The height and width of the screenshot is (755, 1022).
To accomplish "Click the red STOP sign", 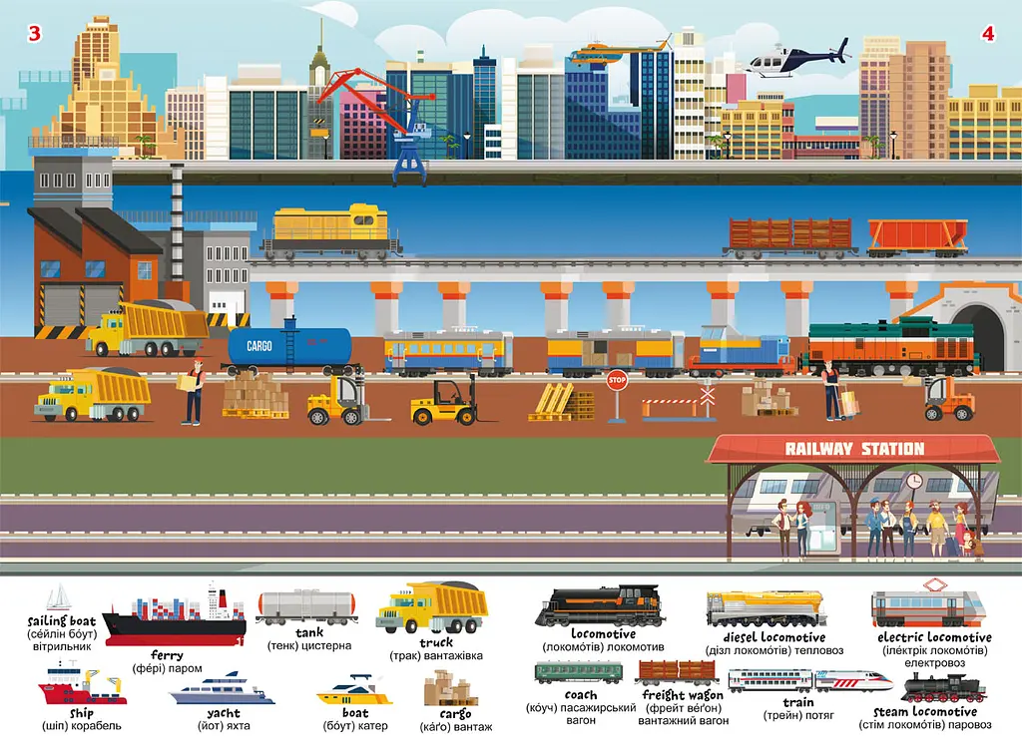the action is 617,380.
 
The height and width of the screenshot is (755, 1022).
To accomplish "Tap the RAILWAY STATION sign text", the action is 854,449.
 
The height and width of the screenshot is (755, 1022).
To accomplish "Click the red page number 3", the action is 35,33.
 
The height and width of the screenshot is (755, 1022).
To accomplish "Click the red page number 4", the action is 988,33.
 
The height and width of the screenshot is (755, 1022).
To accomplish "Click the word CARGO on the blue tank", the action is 259,346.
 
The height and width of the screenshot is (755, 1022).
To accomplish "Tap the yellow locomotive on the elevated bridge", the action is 330,230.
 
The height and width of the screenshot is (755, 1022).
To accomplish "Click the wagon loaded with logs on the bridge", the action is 790,235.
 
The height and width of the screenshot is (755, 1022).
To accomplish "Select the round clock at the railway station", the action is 914,481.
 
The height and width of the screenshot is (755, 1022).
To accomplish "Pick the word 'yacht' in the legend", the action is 224,713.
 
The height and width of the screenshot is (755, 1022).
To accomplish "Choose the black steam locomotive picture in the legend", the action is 943,688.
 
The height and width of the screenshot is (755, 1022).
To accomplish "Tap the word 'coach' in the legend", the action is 581,695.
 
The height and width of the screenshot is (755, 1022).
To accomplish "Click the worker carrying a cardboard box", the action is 193,391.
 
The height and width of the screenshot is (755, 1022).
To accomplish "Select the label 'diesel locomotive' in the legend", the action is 774,637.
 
